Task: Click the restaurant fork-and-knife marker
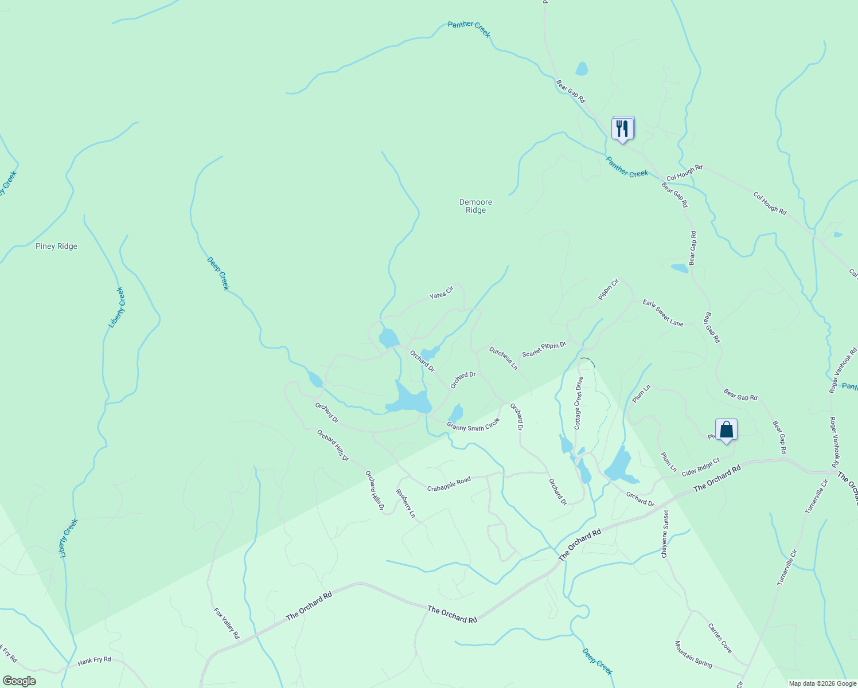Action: (x=623, y=128)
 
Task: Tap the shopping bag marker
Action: (x=726, y=429)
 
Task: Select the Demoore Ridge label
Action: (x=475, y=206)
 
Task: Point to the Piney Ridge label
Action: (x=56, y=247)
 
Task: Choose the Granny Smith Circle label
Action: (x=473, y=425)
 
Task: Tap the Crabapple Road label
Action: (x=448, y=484)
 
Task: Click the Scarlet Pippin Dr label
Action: (x=544, y=349)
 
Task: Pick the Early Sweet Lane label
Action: (x=663, y=313)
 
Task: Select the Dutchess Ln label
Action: (x=504, y=358)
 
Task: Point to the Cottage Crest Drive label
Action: (x=579, y=402)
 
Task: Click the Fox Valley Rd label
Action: (x=226, y=623)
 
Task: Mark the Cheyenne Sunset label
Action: (x=665, y=534)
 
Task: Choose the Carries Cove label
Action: (x=720, y=638)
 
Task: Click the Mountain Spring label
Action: (x=693, y=654)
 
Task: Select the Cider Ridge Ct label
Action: (x=700, y=467)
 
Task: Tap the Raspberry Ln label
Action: (x=405, y=503)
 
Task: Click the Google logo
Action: (x=19, y=681)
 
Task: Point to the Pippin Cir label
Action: (x=609, y=290)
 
